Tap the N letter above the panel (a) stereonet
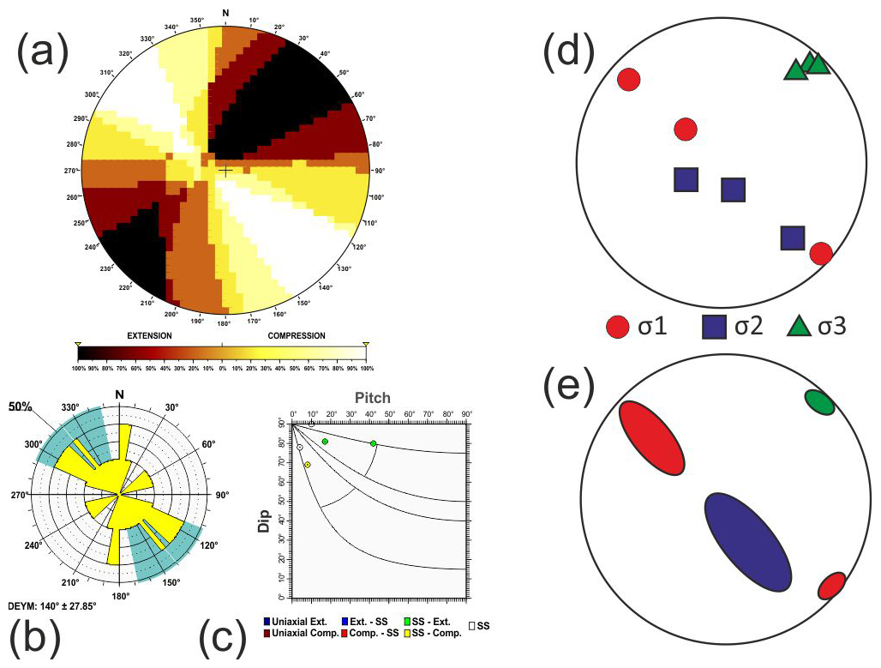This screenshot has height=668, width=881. coord(225,13)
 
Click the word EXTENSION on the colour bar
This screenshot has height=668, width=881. coord(150,334)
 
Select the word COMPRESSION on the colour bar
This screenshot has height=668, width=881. coord(296,334)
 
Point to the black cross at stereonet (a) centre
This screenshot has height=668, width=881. coord(225,171)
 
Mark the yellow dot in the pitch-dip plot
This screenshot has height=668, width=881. coord(307,465)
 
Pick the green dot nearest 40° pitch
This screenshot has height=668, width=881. coord(373,443)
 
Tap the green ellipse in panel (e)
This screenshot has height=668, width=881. coord(819,402)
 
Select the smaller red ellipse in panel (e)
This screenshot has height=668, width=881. coord(831,586)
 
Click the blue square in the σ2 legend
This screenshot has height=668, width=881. coord(715,327)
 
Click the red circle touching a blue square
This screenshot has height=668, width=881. coord(820,253)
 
